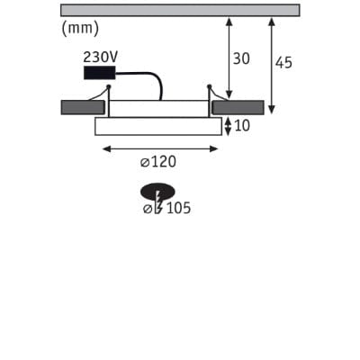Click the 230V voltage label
pyautogui.click(x=101, y=57)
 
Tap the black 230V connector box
pyautogui.click(x=99, y=73)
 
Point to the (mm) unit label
pyautogui.click(x=80, y=29)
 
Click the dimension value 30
pyautogui.click(x=241, y=58)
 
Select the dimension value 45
pyautogui.click(x=283, y=63)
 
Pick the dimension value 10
pyautogui.click(x=242, y=126)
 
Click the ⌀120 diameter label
pyautogui.click(x=158, y=162)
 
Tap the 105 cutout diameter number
pyautogui.click(x=178, y=208)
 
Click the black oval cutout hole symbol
pyautogui.click(x=157, y=191)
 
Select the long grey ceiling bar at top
pyautogui.click(x=180, y=10)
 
